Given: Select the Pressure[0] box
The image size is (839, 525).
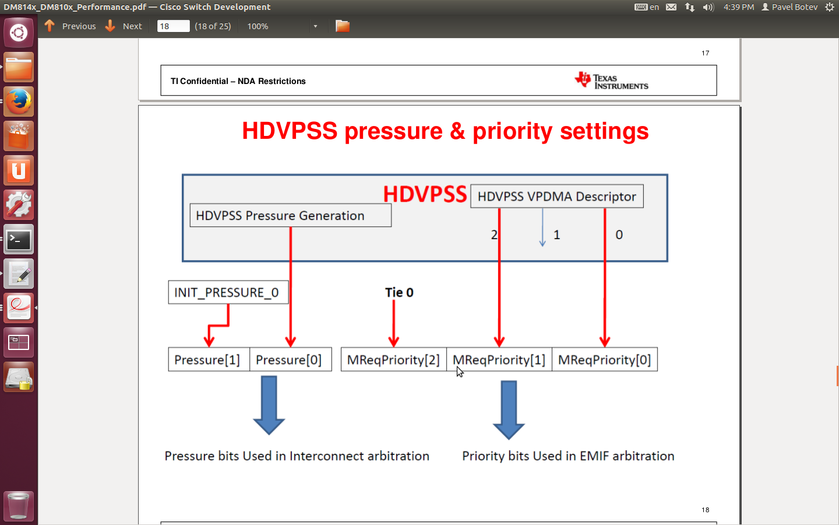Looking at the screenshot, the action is [x=291, y=359].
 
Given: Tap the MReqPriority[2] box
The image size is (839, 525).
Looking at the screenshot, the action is [x=394, y=359].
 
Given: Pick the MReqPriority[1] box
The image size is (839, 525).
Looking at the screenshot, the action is [x=499, y=359].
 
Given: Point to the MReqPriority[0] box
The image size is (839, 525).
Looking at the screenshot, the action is [x=605, y=359].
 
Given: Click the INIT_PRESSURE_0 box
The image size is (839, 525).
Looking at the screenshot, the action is [x=228, y=292].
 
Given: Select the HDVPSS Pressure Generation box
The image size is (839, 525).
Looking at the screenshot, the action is [x=291, y=215].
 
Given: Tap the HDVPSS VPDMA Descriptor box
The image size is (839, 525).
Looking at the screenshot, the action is [x=557, y=196].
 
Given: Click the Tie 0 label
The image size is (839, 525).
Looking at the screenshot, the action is [x=399, y=292].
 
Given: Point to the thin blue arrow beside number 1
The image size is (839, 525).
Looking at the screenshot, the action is [x=542, y=228].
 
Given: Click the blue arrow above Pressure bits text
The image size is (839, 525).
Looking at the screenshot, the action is [x=269, y=405].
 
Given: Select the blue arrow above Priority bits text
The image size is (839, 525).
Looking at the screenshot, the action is [x=509, y=410].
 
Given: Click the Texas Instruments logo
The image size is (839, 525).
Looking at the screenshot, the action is [x=611, y=80].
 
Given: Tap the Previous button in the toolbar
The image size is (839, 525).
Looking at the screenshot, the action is [x=70, y=26].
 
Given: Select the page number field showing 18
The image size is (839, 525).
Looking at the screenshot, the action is [x=173, y=26].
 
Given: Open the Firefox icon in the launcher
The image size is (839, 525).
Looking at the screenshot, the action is [x=19, y=101].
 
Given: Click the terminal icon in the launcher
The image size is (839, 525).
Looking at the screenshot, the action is [x=19, y=240].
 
